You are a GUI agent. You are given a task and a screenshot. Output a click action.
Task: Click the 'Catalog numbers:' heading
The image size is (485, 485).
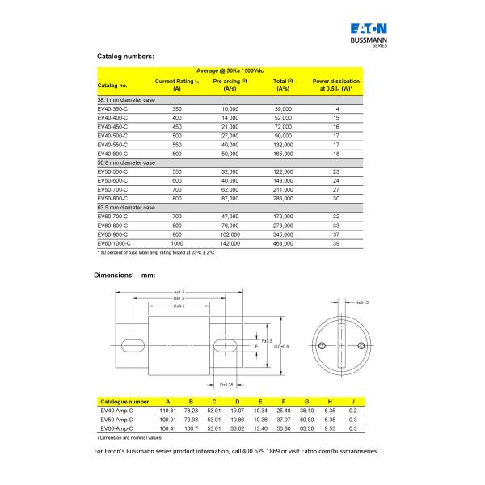coord(125,56)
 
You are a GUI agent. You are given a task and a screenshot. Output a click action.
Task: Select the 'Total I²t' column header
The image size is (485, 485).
coord(282,85)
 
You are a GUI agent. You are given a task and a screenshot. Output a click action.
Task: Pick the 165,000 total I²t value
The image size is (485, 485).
coord(282,153)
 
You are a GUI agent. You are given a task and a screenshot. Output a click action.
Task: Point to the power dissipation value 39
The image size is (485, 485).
coord(336,242)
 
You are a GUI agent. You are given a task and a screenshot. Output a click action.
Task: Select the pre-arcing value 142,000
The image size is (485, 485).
coord(230,242)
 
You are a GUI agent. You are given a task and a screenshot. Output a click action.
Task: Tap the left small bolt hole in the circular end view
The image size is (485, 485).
coord(322,346)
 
